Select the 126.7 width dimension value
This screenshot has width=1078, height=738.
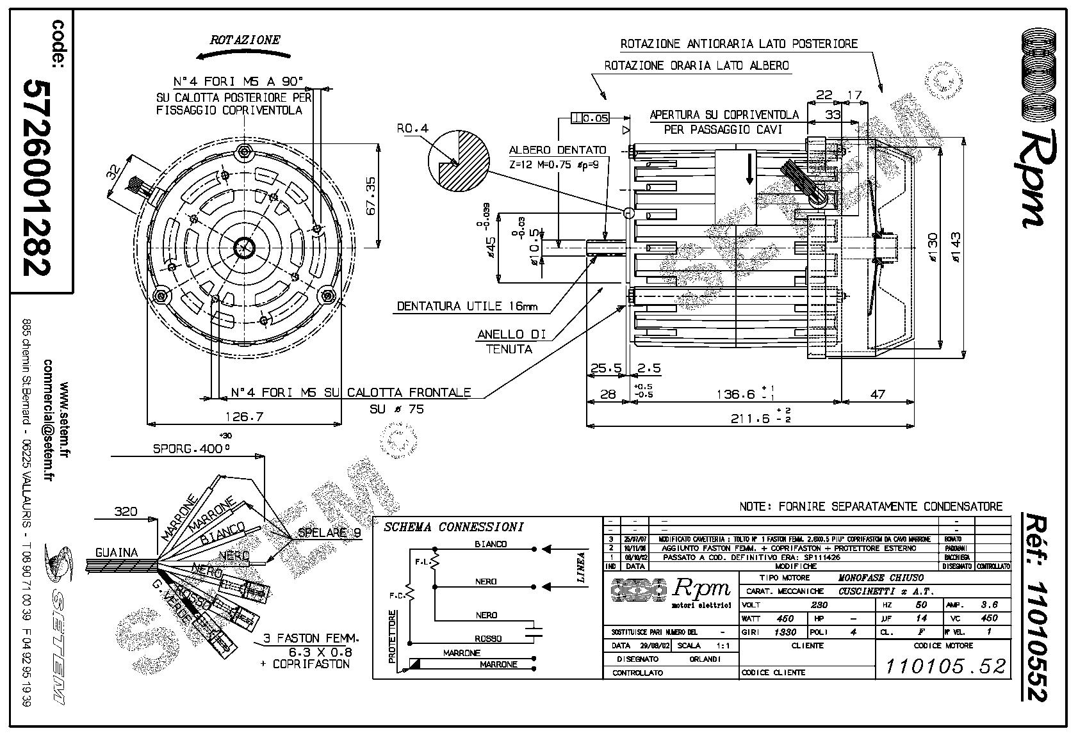(244, 417)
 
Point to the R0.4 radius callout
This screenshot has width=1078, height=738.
(412, 129)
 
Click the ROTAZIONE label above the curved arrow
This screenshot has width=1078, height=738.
(245, 40)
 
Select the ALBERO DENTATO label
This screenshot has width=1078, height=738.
(557, 150)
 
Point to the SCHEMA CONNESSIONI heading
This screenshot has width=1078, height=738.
(453, 527)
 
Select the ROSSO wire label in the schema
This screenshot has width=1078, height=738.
(488, 638)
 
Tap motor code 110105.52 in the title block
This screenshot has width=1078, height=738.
(944, 666)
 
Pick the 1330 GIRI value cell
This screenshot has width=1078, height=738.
(785, 632)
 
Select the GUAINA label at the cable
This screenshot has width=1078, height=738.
(116, 552)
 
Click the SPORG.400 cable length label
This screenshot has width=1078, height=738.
(190, 448)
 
